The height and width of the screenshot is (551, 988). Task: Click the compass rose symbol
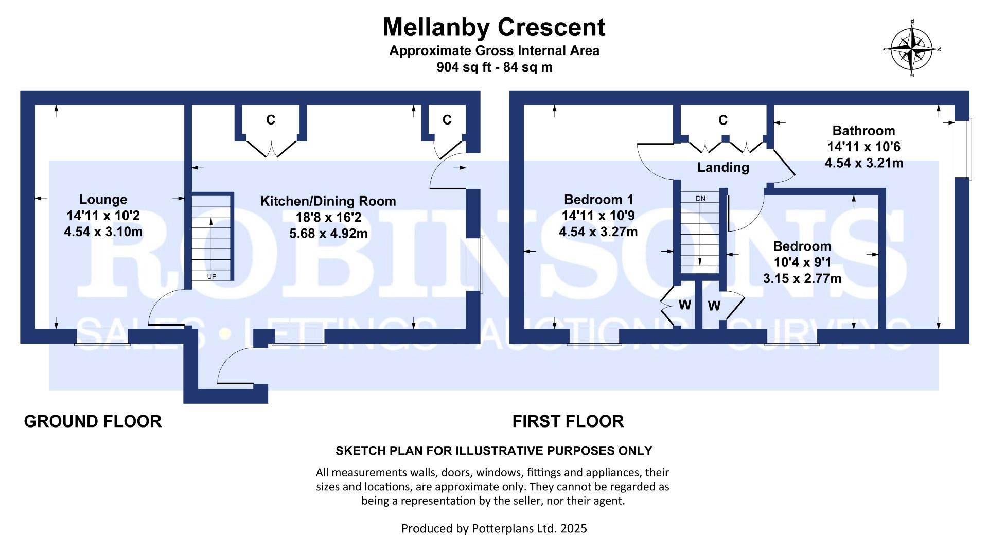pyautogui.click(x=912, y=49)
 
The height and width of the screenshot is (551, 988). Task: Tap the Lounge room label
pyautogui.click(x=103, y=200)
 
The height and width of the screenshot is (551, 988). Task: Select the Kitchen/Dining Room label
pyautogui.click(x=328, y=201)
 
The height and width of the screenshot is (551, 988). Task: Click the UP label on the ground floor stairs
pyautogui.click(x=211, y=276)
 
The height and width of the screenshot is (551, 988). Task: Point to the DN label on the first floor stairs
pyautogui.click(x=700, y=199)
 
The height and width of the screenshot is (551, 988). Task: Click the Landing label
pyautogui.click(x=723, y=167)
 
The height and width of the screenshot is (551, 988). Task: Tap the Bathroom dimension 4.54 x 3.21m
pyautogui.click(x=863, y=163)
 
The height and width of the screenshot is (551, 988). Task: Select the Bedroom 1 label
pyautogui.click(x=598, y=200)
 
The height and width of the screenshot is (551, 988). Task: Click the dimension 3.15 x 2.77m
pyautogui.click(x=802, y=279)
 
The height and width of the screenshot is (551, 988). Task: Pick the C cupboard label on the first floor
pyautogui.click(x=723, y=120)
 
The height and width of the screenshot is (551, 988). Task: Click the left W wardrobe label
pyautogui.click(x=684, y=305)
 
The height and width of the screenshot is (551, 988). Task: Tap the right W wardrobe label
pyautogui.click(x=714, y=307)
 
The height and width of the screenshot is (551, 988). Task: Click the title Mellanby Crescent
pyautogui.click(x=494, y=27)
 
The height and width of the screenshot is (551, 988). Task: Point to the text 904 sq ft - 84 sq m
pyautogui.click(x=494, y=67)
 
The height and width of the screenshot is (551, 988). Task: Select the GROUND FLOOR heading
pyautogui.click(x=93, y=421)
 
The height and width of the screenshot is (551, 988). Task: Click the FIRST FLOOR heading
pyautogui.click(x=568, y=421)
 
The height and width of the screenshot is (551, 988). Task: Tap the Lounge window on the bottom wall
pyautogui.click(x=102, y=337)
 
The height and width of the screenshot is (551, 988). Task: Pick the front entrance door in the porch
pyautogui.click(x=235, y=367)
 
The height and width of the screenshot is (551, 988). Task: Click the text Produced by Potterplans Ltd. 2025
pyautogui.click(x=494, y=528)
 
